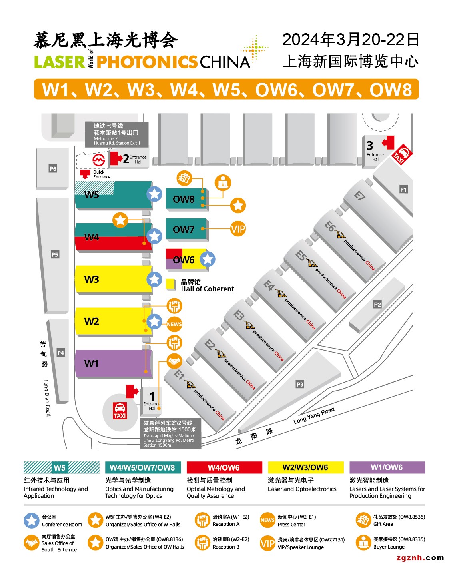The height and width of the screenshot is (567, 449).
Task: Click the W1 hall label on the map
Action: [91, 363]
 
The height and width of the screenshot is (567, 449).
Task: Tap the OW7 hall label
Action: [183, 230]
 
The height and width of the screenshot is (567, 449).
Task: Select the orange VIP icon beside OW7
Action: [238, 229]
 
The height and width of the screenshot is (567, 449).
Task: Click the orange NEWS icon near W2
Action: [174, 324]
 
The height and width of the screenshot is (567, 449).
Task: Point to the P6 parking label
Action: [53, 169]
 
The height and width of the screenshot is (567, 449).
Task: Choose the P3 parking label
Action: [300, 384]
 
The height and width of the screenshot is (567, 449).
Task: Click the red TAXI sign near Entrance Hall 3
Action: [402, 154]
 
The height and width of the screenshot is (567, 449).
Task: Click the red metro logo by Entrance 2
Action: [98, 160]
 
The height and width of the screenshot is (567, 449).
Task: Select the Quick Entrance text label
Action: [102, 174]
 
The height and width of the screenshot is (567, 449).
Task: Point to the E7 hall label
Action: [360, 196]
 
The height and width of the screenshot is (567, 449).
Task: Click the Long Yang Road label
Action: [314, 415]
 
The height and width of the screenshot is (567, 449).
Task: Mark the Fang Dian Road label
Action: [47, 398]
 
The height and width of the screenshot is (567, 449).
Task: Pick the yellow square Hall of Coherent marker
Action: [171, 284]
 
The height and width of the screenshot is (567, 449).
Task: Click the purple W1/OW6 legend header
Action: [387, 467]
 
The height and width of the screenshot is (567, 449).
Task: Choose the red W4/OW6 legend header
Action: [224, 467]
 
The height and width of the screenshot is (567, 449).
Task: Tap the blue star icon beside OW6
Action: [207, 259]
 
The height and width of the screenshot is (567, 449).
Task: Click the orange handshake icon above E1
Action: [174, 362]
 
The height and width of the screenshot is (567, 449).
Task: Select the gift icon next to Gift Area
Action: [363, 520]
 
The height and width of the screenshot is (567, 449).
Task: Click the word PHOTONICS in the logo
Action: [147, 62]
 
